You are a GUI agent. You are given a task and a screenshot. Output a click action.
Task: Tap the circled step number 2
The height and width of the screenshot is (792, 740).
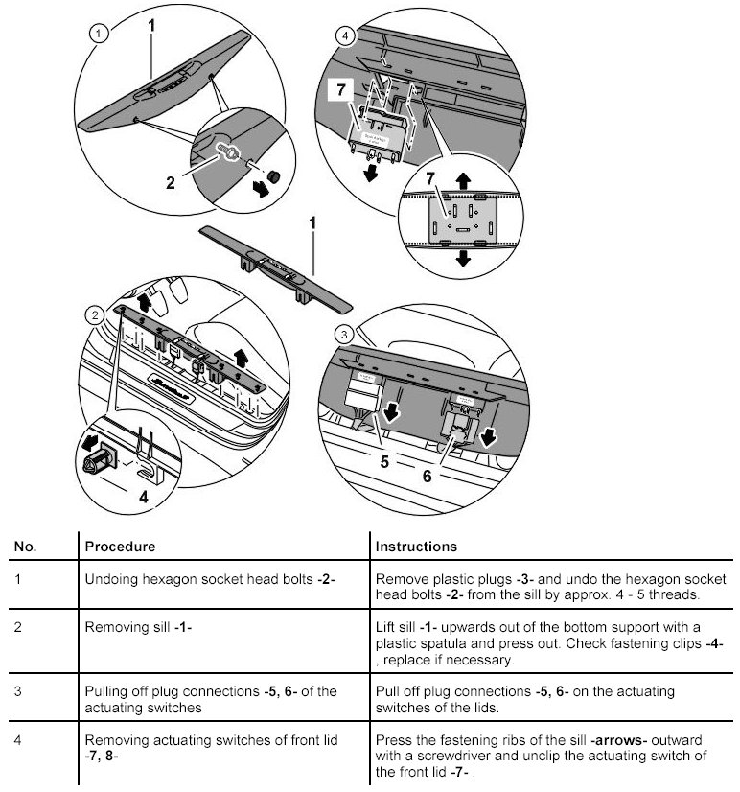(x=93, y=314)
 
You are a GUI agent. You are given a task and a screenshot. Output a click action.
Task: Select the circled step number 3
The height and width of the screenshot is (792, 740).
(x=345, y=334)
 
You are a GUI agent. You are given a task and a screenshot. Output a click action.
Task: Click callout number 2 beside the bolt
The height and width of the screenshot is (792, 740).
(x=172, y=183)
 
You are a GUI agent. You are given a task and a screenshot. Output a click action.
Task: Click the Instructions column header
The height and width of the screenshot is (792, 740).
(x=415, y=546)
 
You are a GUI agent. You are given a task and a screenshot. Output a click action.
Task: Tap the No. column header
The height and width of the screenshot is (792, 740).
(x=25, y=546)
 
